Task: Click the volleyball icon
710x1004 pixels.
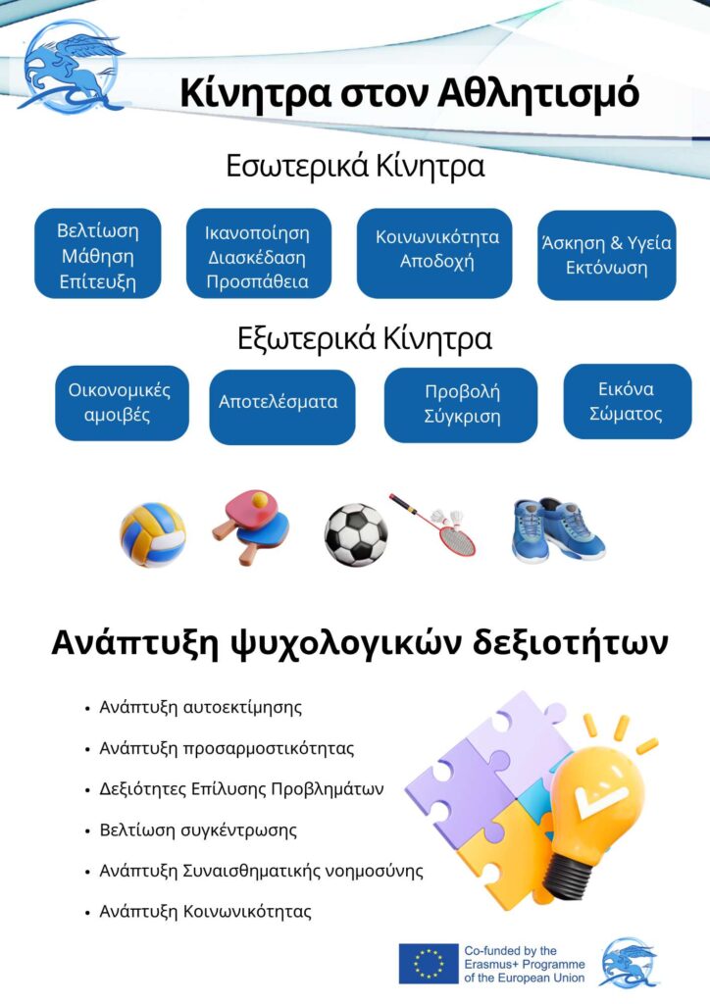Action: tap(152, 534)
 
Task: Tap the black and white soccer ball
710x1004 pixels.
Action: tap(355, 534)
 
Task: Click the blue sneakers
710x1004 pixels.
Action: tap(558, 530)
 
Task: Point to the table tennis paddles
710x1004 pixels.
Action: tap(252, 527)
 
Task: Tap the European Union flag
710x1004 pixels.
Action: tap(429, 963)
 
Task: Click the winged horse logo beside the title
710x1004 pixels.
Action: tap(72, 66)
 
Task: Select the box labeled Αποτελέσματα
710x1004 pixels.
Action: tap(281, 407)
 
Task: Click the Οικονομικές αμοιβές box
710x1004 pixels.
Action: tap(122, 403)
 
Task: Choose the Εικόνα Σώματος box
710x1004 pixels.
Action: tap(628, 401)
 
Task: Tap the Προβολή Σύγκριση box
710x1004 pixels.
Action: tap(461, 405)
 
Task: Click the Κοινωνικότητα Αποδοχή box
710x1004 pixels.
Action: tap(434, 253)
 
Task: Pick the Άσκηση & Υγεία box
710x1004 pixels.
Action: tap(607, 255)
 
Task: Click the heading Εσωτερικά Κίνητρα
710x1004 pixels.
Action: tap(355, 167)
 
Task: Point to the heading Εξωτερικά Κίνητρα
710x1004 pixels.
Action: tap(365, 338)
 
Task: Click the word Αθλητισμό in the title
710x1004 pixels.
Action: tap(538, 93)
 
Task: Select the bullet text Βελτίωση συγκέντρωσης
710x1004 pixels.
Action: tap(198, 830)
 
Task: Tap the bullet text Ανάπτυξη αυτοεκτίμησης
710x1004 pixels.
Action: tap(200, 708)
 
